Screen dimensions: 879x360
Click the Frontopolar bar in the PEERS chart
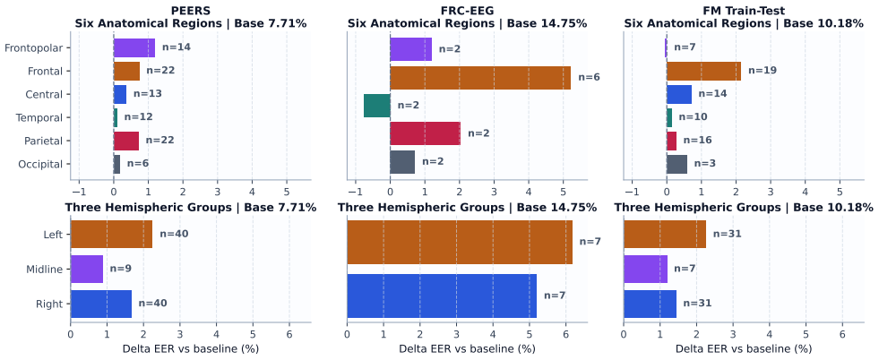tap(134, 47)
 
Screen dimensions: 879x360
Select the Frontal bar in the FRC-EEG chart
tap(480, 77)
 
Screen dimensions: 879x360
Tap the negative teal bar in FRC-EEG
tap(376, 106)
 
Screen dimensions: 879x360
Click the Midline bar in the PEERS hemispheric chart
tap(86, 269)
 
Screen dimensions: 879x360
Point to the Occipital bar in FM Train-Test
tap(676, 164)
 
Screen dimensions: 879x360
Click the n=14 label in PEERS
tap(176, 47)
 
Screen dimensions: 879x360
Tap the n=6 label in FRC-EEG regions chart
tap(590, 77)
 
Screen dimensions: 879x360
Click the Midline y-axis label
tap(45, 270)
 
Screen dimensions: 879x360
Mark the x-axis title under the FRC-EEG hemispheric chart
tap(467, 348)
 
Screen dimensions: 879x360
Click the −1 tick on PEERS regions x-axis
tap(79, 191)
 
